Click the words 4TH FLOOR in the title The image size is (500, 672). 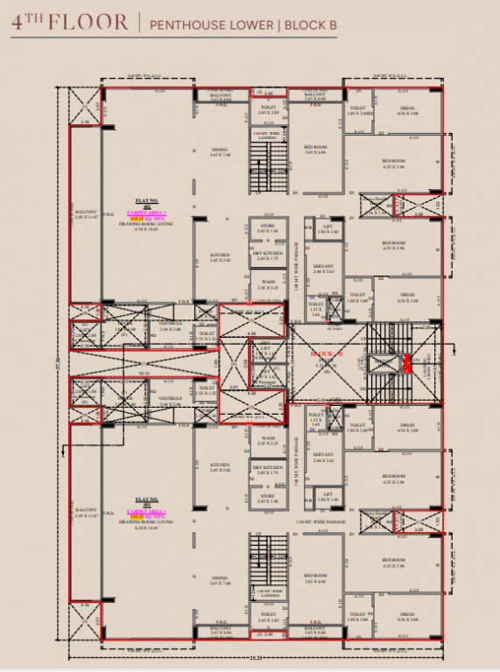point(69,23)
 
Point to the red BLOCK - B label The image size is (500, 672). point(326,353)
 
